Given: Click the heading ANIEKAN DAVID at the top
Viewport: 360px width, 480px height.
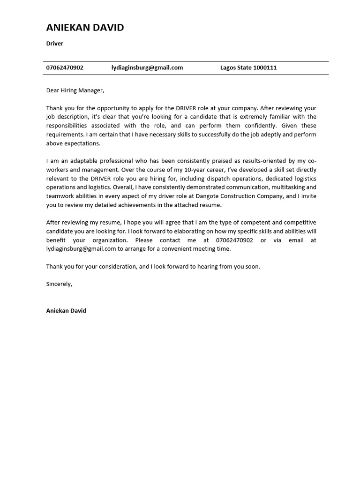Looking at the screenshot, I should (x=85, y=28).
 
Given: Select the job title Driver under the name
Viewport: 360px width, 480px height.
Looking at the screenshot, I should (x=54, y=44).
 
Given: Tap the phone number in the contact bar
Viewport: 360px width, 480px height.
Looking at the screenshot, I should (x=65, y=67).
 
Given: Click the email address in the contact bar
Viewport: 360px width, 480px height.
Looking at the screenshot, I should (x=147, y=67).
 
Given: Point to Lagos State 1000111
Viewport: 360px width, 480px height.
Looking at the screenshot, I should (x=248, y=67).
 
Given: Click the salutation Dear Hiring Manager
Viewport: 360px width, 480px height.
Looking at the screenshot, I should (x=75, y=90).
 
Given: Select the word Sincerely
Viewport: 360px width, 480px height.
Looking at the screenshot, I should (x=59, y=284).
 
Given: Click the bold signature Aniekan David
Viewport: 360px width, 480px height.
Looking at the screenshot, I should (x=66, y=311).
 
